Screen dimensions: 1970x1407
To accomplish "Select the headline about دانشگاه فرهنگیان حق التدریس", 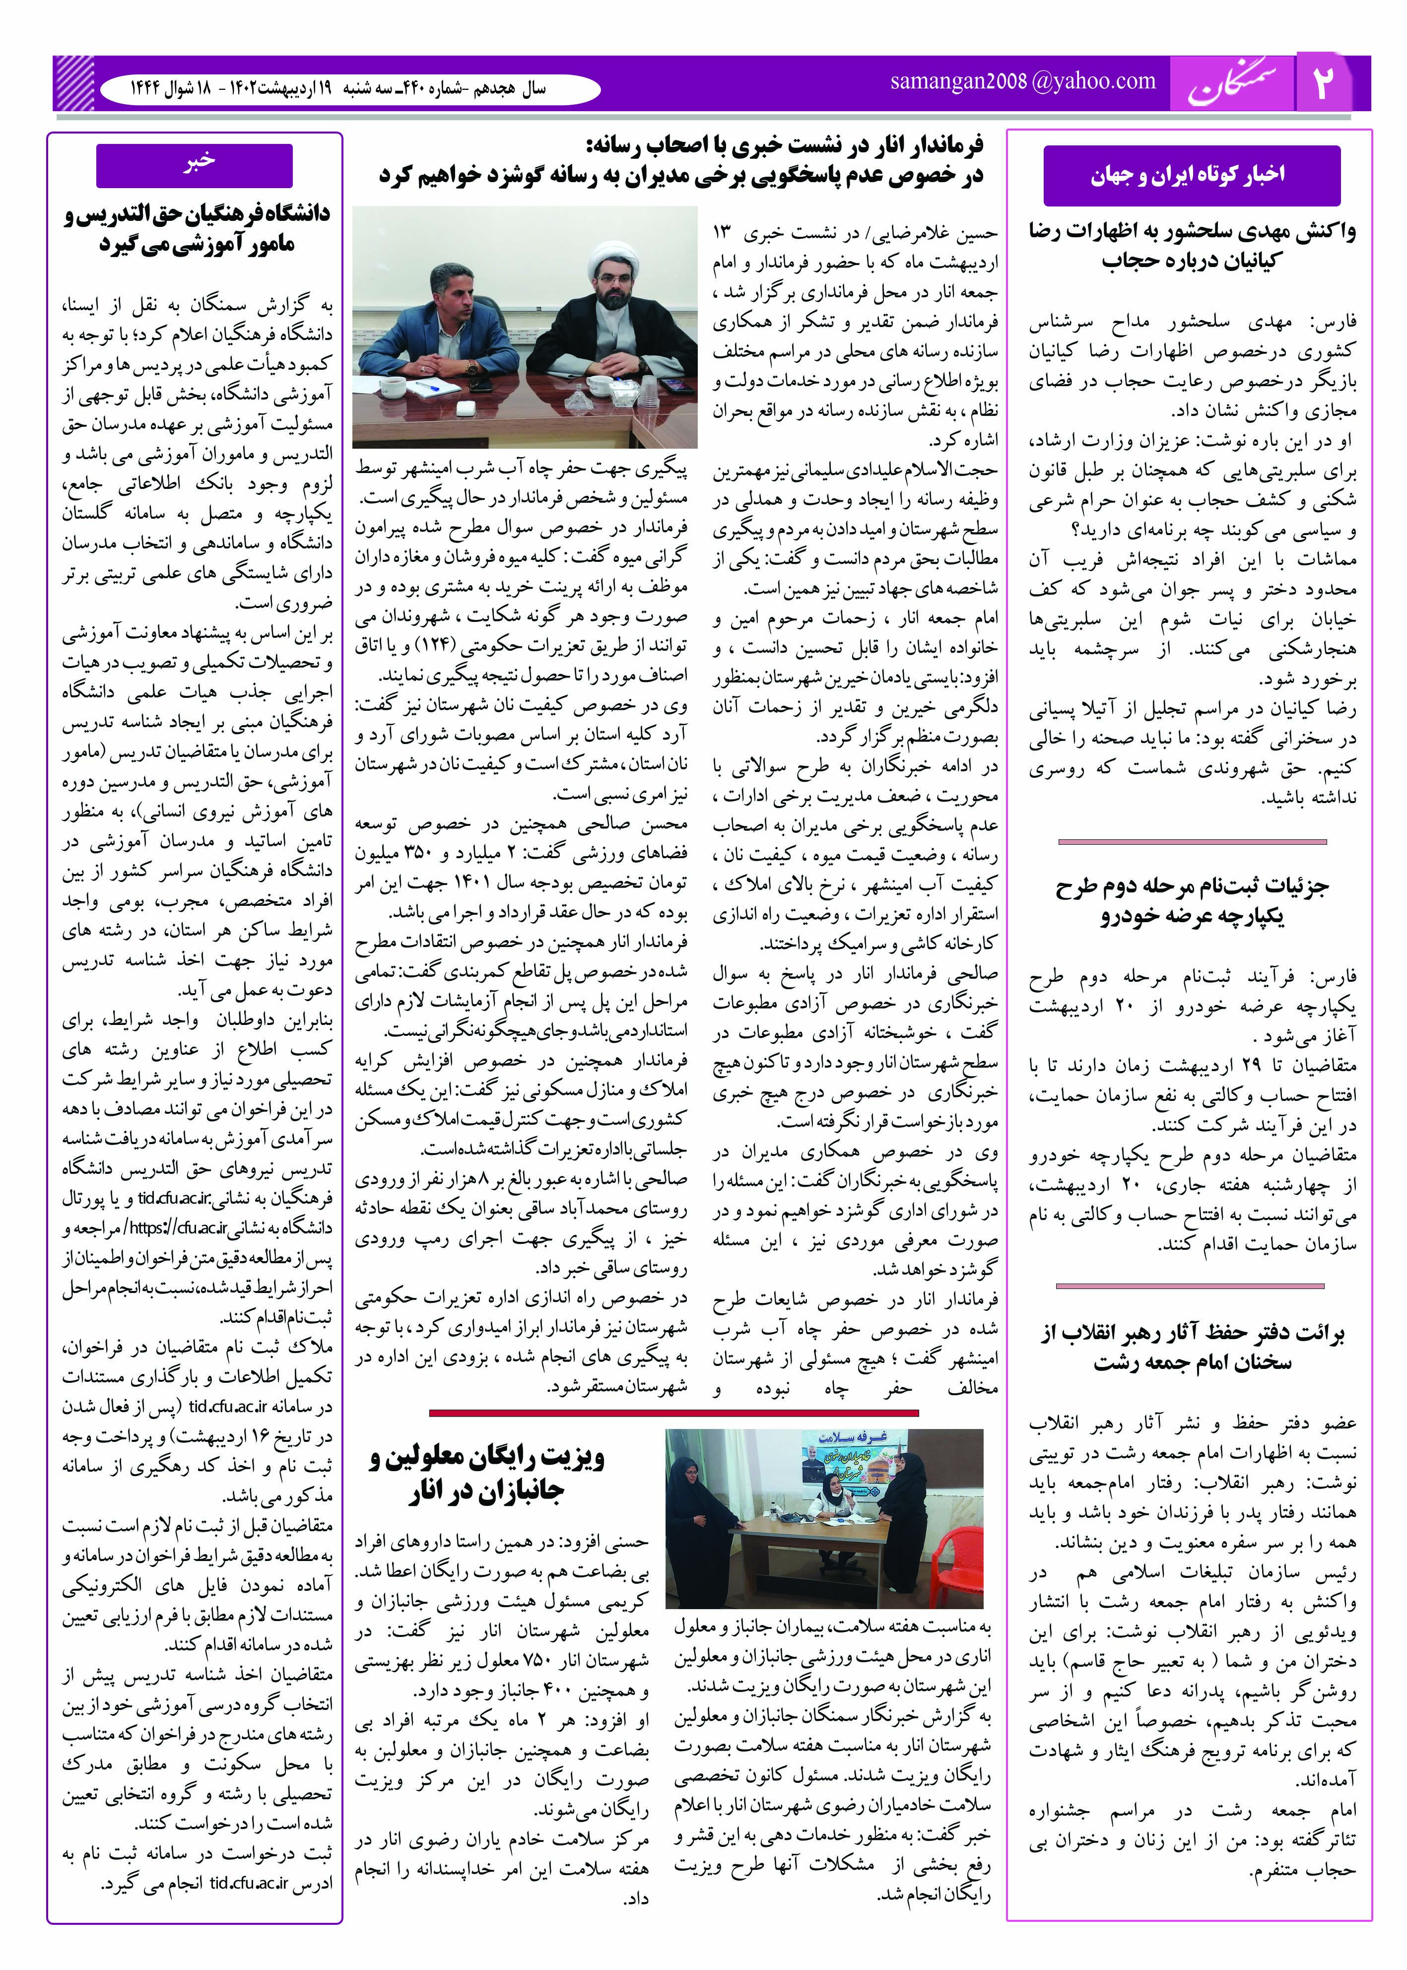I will tap(198, 229).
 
